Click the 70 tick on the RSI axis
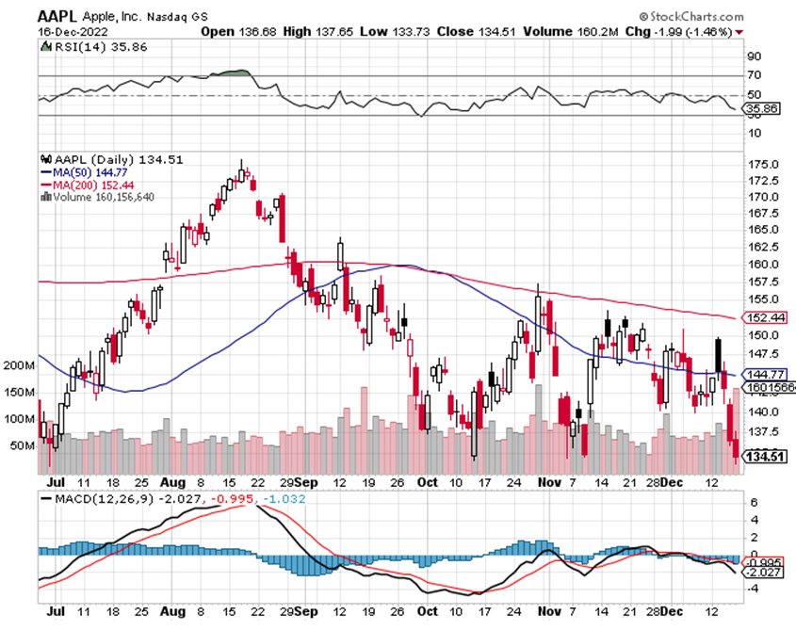coord(755,74)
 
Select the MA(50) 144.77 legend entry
coord(84,172)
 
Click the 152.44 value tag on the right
coord(766,317)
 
